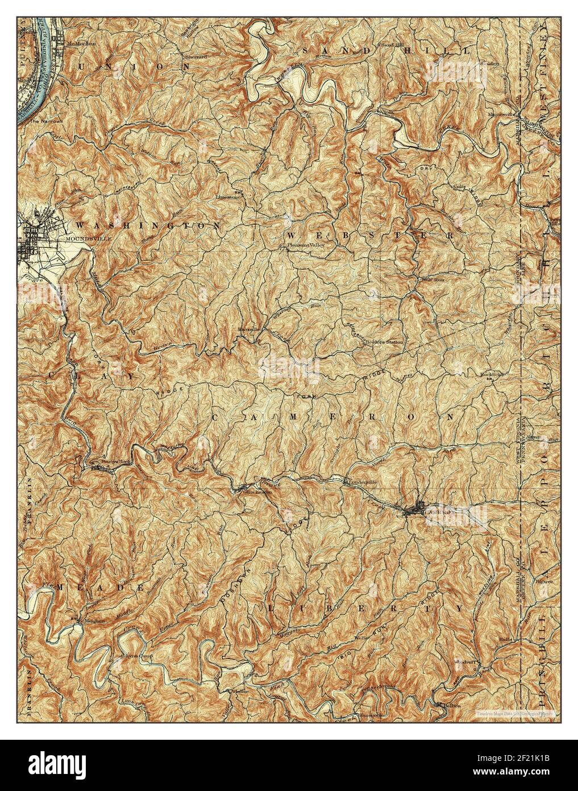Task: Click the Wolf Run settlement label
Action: (x=430, y=279)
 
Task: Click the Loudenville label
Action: (x=363, y=481)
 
